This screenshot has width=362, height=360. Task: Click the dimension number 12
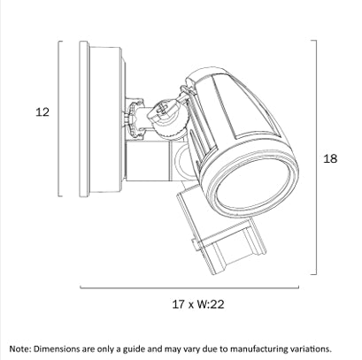42,112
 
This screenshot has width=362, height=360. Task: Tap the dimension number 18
330,158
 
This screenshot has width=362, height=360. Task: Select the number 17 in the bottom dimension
179,304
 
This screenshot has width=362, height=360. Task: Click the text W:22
211,304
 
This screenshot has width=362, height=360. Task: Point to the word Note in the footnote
19,349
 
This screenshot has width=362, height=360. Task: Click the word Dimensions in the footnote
56,349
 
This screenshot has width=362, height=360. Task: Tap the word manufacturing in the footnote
257,349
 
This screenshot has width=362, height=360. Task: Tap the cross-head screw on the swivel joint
162,109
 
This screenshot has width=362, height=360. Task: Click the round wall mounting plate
84,119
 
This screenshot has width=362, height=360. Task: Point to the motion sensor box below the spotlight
220,233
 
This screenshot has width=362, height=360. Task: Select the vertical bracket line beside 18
317,157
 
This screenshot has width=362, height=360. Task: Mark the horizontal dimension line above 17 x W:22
189,287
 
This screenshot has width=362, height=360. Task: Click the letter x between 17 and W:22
191,305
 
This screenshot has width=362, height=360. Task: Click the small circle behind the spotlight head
183,161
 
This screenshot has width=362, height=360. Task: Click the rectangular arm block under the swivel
148,161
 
